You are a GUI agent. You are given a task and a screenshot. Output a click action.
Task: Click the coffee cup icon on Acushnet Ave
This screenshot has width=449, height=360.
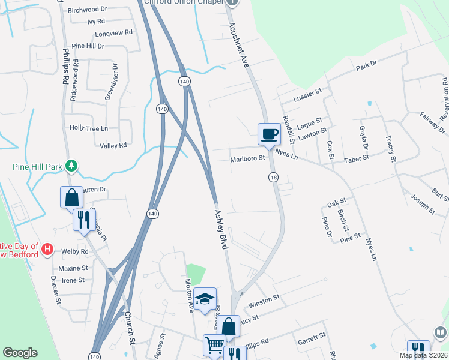click(x=268, y=134)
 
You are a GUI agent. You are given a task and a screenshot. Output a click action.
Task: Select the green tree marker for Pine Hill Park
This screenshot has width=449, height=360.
click(x=71, y=165)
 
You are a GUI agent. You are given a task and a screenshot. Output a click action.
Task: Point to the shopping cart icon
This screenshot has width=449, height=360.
click(x=214, y=346)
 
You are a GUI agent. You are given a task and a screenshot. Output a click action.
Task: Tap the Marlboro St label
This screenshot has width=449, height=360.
click(x=247, y=159)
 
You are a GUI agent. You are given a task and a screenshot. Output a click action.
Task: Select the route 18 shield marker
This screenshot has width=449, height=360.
click(x=274, y=178)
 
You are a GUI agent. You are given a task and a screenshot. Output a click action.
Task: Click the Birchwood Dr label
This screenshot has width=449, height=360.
click(x=87, y=10)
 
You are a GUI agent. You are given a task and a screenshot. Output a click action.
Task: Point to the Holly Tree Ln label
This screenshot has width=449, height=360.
click(x=88, y=128)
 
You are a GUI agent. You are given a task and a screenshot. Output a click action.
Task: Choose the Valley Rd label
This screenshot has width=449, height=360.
click(x=113, y=145)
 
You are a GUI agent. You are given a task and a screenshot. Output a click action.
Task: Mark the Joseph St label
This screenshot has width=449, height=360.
click(x=423, y=203)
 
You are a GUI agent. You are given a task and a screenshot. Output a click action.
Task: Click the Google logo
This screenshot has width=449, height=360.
click(x=20, y=353)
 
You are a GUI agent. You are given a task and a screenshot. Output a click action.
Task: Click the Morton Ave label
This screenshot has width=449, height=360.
click(x=190, y=294)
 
